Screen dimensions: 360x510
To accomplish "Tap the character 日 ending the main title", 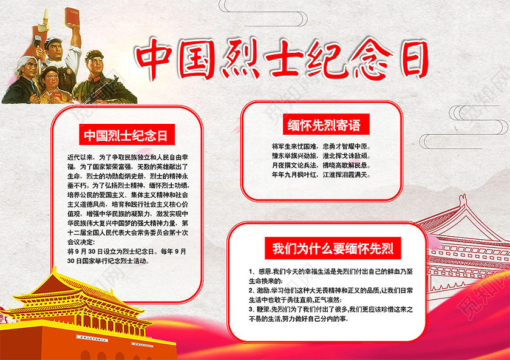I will tap(408, 59).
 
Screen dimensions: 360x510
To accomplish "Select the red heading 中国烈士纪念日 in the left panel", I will tap(126, 135).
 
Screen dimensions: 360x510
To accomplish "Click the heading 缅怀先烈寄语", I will tap(324, 125).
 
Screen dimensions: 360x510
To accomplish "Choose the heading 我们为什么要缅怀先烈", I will tap(324, 249).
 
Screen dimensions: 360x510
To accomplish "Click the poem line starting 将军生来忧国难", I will tap(321, 147).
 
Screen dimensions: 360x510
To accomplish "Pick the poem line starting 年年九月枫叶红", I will tap(321, 175).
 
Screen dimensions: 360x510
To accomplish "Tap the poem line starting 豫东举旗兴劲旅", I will tap(321, 156).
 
